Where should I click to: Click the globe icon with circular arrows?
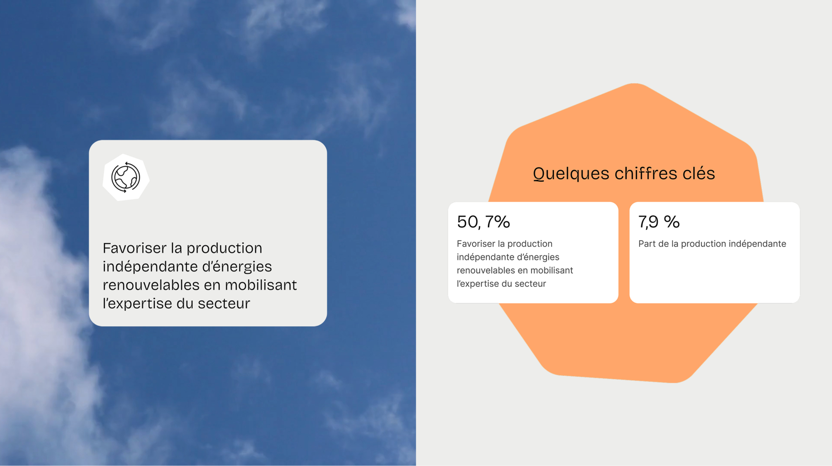coord(126,177)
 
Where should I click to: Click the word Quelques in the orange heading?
coord(571,174)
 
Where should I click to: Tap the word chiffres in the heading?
coord(646,173)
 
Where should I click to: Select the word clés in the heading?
coord(699,173)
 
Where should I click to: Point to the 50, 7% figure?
coord(483,222)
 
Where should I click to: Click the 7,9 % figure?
coord(659,222)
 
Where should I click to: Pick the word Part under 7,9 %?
coord(647,244)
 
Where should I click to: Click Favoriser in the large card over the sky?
coord(135,248)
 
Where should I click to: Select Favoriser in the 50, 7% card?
coord(476,244)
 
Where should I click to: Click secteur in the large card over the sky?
coord(224,303)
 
